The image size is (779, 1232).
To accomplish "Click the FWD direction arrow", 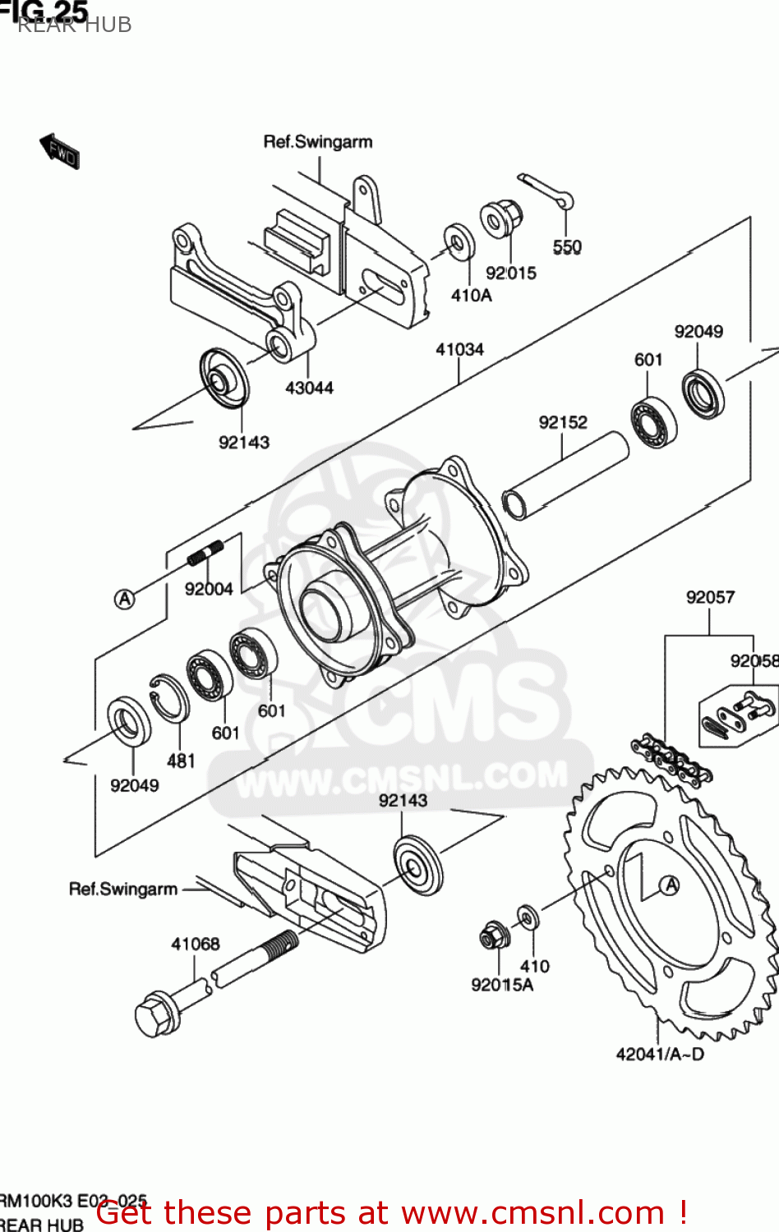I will tap(60, 150).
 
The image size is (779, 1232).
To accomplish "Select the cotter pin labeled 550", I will tap(546, 191).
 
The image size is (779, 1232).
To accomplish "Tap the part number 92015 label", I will tap(510, 273).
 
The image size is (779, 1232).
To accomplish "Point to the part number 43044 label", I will tap(309, 388).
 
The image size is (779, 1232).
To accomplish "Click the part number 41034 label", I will tap(459, 349).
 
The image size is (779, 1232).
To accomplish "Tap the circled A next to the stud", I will tap(124, 599).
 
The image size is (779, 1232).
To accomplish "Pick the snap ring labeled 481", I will tap(169, 698).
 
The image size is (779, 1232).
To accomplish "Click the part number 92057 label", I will tap(710, 597).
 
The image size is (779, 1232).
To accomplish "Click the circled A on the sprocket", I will tap(671, 885).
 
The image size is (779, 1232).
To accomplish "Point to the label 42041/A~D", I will tap(660, 1054).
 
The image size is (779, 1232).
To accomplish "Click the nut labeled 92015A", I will tap(495, 935).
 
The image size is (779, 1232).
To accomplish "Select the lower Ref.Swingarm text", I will tap(123, 889).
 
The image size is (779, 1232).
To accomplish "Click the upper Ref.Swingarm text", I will tap(317, 141).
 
